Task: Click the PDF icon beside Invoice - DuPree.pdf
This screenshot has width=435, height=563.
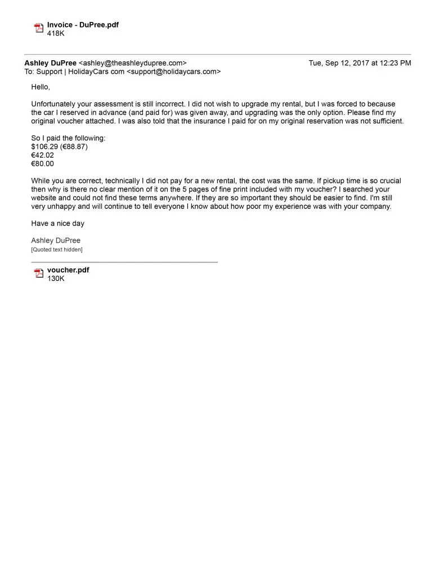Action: (x=39, y=28)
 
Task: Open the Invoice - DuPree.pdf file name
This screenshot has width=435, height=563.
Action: (x=83, y=25)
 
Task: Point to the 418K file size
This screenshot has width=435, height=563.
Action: (x=56, y=33)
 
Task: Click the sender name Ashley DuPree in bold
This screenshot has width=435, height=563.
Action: (x=51, y=63)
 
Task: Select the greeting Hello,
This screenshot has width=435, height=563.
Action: (x=41, y=87)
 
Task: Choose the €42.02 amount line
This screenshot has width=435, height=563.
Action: (x=43, y=155)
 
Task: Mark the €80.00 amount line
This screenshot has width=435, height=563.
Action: (x=43, y=164)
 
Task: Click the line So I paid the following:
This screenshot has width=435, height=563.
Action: (x=68, y=138)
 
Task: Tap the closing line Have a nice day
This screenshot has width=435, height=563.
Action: (x=57, y=224)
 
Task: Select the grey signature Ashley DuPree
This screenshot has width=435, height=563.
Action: (x=56, y=240)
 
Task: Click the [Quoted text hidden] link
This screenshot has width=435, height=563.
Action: (x=57, y=249)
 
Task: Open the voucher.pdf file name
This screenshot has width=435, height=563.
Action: (x=68, y=270)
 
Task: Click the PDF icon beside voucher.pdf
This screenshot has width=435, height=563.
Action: (x=39, y=274)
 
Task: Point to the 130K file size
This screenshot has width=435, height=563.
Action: (x=56, y=278)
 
